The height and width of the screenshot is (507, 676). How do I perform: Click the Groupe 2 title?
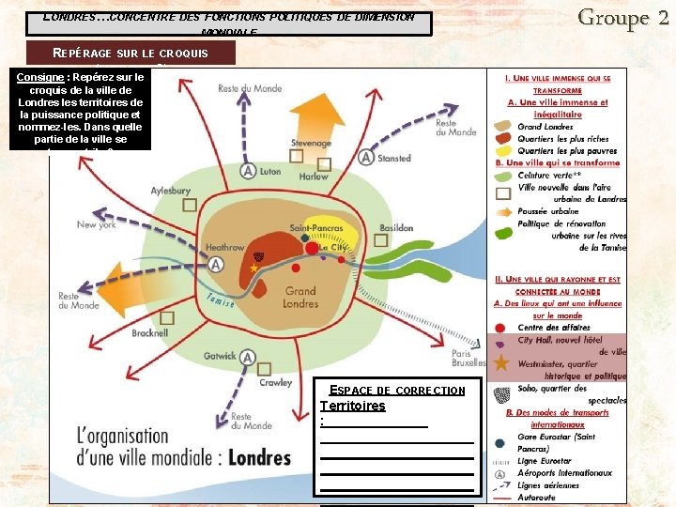click(x=622, y=17)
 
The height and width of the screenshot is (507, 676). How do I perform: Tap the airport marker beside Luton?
click(x=248, y=171)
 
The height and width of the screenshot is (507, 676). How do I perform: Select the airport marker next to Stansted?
click(x=365, y=158)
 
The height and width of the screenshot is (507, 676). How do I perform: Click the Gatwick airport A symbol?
click(x=248, y=357)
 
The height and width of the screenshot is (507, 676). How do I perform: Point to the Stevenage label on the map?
click(x=311, y=144)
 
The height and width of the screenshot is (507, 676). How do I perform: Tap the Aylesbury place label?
click(x=170, y=191)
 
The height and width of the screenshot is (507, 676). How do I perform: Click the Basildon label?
click(x=396, y=228)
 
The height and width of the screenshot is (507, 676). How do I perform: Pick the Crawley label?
click(x=276, y=383)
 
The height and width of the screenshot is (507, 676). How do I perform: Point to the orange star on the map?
click(x=253, y=269)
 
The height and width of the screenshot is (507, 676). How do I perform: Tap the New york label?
click(x=97, y=225)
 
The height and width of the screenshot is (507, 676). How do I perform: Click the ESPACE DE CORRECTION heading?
click(x=397, y=390)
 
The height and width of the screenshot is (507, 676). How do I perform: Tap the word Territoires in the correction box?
click(x=352, y=406)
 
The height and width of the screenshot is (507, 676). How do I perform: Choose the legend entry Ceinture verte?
click(x=549, y=175)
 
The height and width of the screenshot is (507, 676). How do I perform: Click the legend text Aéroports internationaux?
click(x=564, y=473)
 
